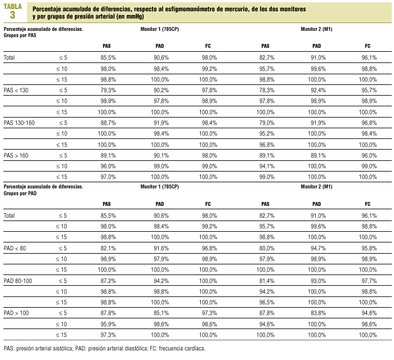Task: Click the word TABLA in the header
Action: pyautogui.click(x=13, y=6)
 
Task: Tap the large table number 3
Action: pyautogui.click(x=13, y=15)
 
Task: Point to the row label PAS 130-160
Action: pyautogui.click(x=19, y=122)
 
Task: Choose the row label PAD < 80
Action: pyautogui.click(x=15, y=248)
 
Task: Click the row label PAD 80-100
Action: pyautogui.click(x=18, y=280)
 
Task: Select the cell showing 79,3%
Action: pyautogui.click(x=108, y=90)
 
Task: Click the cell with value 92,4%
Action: pyautogui.click(x=317, y=90)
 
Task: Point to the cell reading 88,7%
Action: pyautogui.click(x=108, y=122)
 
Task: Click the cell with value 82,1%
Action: pyautogui.click(x=108, y=248)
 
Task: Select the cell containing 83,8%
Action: pyautogui.click(x=317, y=313)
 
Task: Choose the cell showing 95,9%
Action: pyautogui.click(x=108, y=324)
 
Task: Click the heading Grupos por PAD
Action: pyautogui.click(x=20, y=192)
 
